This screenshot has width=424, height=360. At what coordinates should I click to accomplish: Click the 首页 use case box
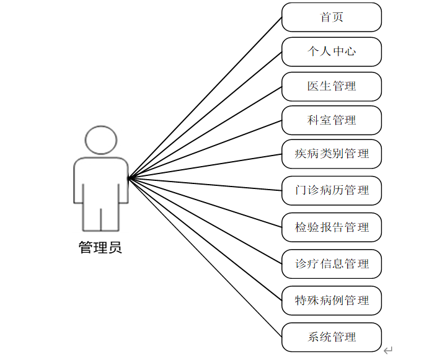coord(332,17)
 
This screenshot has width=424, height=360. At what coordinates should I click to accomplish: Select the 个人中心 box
coord(332,51)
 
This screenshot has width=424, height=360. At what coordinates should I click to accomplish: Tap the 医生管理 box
coord(332,86)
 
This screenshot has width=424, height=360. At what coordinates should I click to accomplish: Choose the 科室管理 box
coord(332,120)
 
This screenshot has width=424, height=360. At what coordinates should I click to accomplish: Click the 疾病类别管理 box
coord(332,154)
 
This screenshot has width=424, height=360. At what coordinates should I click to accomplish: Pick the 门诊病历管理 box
coord(332,190)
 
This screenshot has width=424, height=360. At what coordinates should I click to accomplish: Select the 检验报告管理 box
coord(332,227)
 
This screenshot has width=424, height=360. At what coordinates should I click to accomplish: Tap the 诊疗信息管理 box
coord(332,264)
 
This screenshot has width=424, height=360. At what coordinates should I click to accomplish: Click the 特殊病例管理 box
coord(332,301)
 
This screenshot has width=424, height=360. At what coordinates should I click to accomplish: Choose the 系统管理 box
coord(332,337)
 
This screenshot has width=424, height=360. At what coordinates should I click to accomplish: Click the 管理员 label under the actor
coord(100,248)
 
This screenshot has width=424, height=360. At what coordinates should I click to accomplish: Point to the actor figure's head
coord(100,140)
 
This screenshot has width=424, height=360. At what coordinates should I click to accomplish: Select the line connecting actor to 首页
coord(205,98)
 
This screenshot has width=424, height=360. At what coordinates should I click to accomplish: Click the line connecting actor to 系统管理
coord(205,258)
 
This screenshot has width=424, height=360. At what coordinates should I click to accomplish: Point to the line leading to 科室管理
coord(205,149)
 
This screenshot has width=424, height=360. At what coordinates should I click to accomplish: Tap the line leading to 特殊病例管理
coord(205,240)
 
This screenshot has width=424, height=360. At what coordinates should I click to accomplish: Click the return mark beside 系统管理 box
coord(388,351)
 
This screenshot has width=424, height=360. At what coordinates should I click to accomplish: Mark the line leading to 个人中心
coord(205,115)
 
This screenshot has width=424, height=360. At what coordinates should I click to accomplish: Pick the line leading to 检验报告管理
coord(205,203)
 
